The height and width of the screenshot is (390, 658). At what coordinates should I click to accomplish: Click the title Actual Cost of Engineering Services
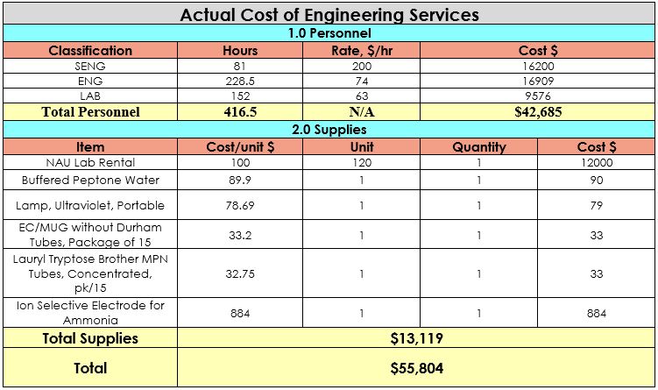click(x=329, y=15)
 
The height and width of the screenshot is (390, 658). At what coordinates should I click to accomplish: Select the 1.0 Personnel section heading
click(x=329, y=33)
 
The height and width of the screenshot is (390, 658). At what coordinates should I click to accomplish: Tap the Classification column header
click(x=90, y=50)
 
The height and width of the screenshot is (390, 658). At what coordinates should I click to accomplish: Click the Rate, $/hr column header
click(x=361, y=50)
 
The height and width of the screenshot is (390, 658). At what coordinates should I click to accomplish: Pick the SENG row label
click(x=90, y=66)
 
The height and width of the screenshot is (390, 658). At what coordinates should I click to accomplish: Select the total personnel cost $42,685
click(x=538, y=112)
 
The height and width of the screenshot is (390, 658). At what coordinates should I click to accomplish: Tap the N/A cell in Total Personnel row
click(x=361, y=112)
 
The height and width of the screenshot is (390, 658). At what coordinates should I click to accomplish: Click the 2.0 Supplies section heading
click(x=329, y=130)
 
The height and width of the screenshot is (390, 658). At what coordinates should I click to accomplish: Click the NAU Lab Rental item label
click(x=90, y=163)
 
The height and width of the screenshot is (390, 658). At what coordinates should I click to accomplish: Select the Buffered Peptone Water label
click(x=90, y=180)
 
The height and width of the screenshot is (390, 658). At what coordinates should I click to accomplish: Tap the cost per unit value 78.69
click(x=240, y=205)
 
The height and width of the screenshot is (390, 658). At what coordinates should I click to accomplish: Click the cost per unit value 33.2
click(x=240, y=235)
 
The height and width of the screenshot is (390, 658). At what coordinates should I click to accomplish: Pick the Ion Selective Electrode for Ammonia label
click(x=90, y=313)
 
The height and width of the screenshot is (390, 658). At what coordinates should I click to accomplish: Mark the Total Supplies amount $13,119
click(x=416, y=338)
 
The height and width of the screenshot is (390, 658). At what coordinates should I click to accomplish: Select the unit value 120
click(x=361, y=163)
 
